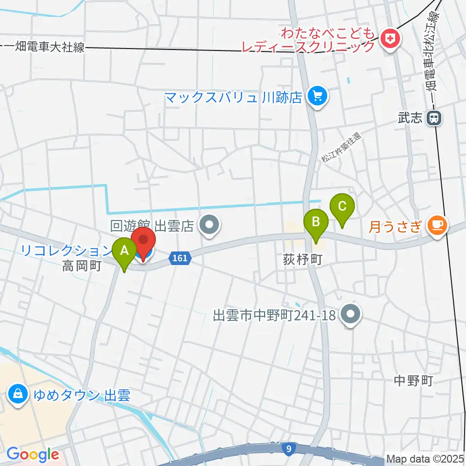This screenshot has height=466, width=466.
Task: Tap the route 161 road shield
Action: [x=179, y=258]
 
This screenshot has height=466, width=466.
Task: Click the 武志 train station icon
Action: [x=434, y=117]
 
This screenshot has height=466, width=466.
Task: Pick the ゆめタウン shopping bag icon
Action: [x=17, y=392]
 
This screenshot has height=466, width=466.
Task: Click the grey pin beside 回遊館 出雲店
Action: [x=210, y=225]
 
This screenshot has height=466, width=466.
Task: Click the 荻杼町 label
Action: [x=303, y=260]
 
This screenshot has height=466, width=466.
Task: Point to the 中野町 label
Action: [x=413, y=381]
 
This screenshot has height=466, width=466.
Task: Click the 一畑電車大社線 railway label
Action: [x=44, y=47]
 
